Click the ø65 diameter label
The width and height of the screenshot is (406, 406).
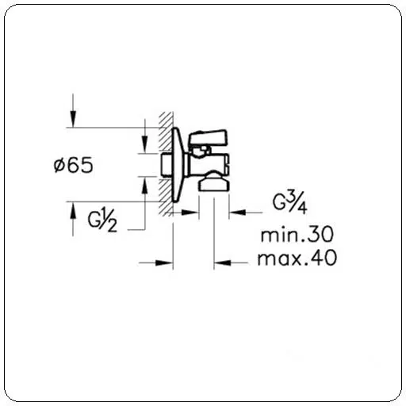pos(74,165)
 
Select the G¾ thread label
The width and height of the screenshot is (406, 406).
pos(289,202)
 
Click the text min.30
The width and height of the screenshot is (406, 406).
pos(297,235)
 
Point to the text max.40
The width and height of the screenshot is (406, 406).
pos(297,258)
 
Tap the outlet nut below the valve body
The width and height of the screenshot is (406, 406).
pos(214,182)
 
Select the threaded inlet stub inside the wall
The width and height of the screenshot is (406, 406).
pos(167,165)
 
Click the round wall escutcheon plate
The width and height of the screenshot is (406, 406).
pos(177,165)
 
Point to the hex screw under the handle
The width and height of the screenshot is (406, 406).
pos(201,151)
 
